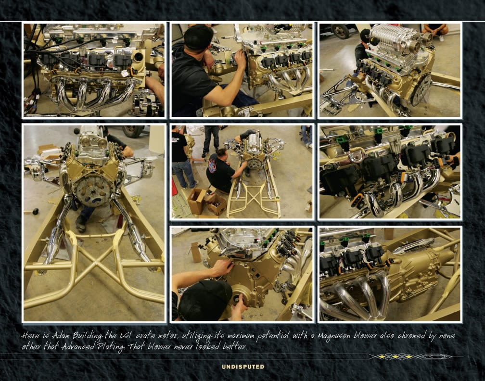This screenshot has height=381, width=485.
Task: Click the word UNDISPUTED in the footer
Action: point(243,367)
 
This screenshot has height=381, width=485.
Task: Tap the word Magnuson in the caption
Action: point(334,336)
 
